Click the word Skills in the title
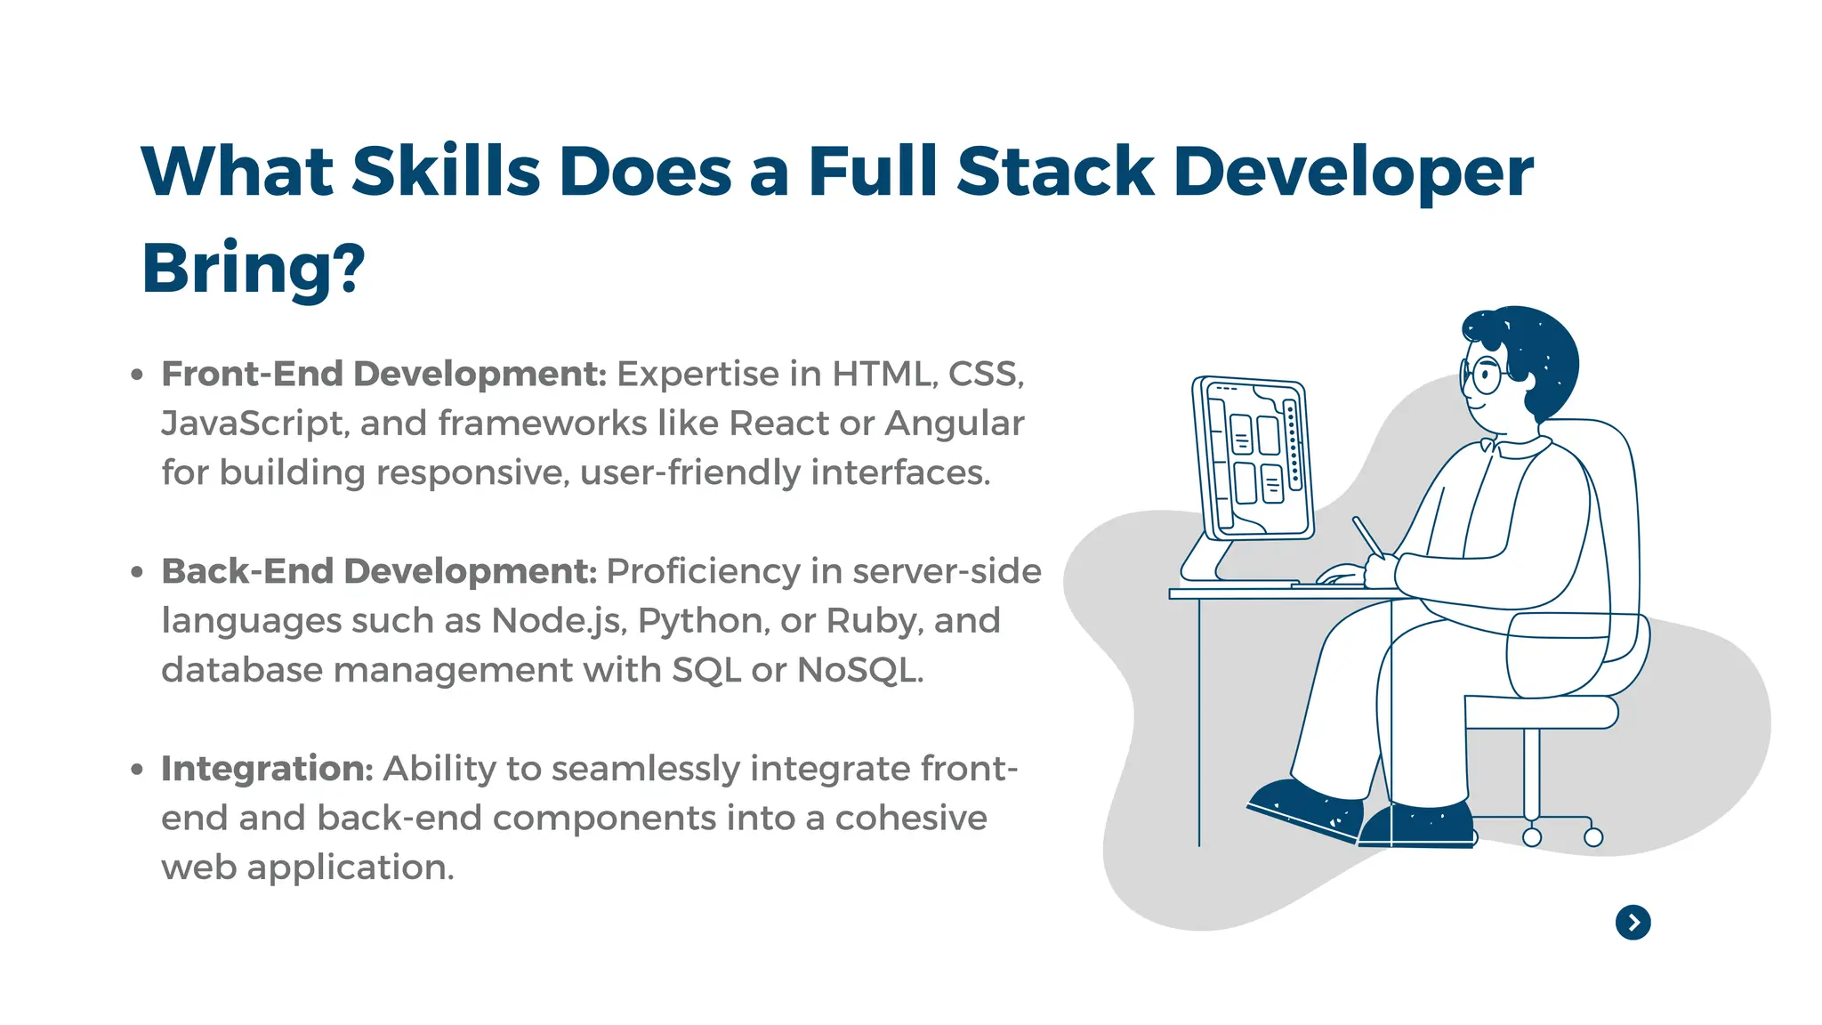click(x=446, y=171)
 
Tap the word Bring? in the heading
click(x=254, y=268)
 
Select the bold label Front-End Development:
click(x=383, y=374)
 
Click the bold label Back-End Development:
click(x=379, y=571)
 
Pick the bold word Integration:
click(x=267, y=769)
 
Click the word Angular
click(x=954, y=424)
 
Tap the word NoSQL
click(x=859, y=670)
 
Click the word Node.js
click(x=559, y=621)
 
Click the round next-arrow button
click(x=1633, y=923)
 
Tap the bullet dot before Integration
click(x=136, y=770)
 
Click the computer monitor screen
click(x=1254, y=458)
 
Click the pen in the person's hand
click(x=1366, y=536)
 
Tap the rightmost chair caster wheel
click(x=1593, y=837)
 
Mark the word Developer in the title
click(x=1353, y=171)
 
